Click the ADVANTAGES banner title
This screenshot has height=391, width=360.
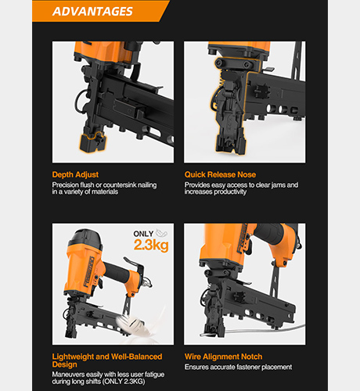click(92, 11)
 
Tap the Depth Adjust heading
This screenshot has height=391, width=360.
click(75, 174)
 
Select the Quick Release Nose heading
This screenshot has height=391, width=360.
click(220, 174)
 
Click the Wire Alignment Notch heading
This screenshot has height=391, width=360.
click(223, 357)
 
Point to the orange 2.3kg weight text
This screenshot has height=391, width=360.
click(151, 245)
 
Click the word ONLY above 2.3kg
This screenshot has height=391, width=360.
click(143, 234)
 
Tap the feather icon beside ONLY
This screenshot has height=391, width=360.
click(162, 233)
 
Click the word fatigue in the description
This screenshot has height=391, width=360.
click(154, 375)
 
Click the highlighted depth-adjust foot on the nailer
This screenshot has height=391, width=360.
click(92, 142)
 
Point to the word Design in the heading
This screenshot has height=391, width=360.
click(64, 364)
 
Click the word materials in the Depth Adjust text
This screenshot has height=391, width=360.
click(105, 192)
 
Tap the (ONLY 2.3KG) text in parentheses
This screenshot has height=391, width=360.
click(124, 382)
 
